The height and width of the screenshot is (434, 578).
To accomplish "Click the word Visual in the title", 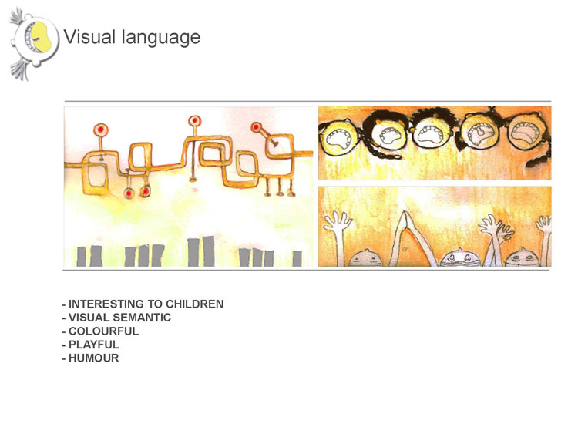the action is (x=89, y=36).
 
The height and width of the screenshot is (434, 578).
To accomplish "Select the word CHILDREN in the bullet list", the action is (x=195, y=304).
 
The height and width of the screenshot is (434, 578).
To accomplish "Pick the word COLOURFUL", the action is (x=103, y=331).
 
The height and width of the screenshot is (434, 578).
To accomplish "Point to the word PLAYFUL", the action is (x=93, y=345).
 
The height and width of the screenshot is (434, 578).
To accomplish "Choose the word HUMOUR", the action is (x=93, y=358).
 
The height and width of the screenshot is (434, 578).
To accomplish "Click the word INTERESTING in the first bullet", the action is (x=106, y=304).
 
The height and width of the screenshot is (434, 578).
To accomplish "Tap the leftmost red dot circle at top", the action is (x=100, y=130).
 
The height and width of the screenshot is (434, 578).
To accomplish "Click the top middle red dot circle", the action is (x=194, y=120).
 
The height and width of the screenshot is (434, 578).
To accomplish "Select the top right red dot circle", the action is (x=256, y=127).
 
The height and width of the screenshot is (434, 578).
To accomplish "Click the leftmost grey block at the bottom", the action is (x=81, y=256).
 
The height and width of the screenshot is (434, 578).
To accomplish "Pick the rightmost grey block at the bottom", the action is (x=297, y=258).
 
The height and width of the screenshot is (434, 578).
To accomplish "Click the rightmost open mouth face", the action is (x=526, y=134).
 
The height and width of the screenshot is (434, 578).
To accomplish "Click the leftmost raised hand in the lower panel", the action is (x=337, y=221).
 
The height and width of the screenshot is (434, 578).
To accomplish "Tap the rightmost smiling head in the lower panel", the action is (x=523, y=257).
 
